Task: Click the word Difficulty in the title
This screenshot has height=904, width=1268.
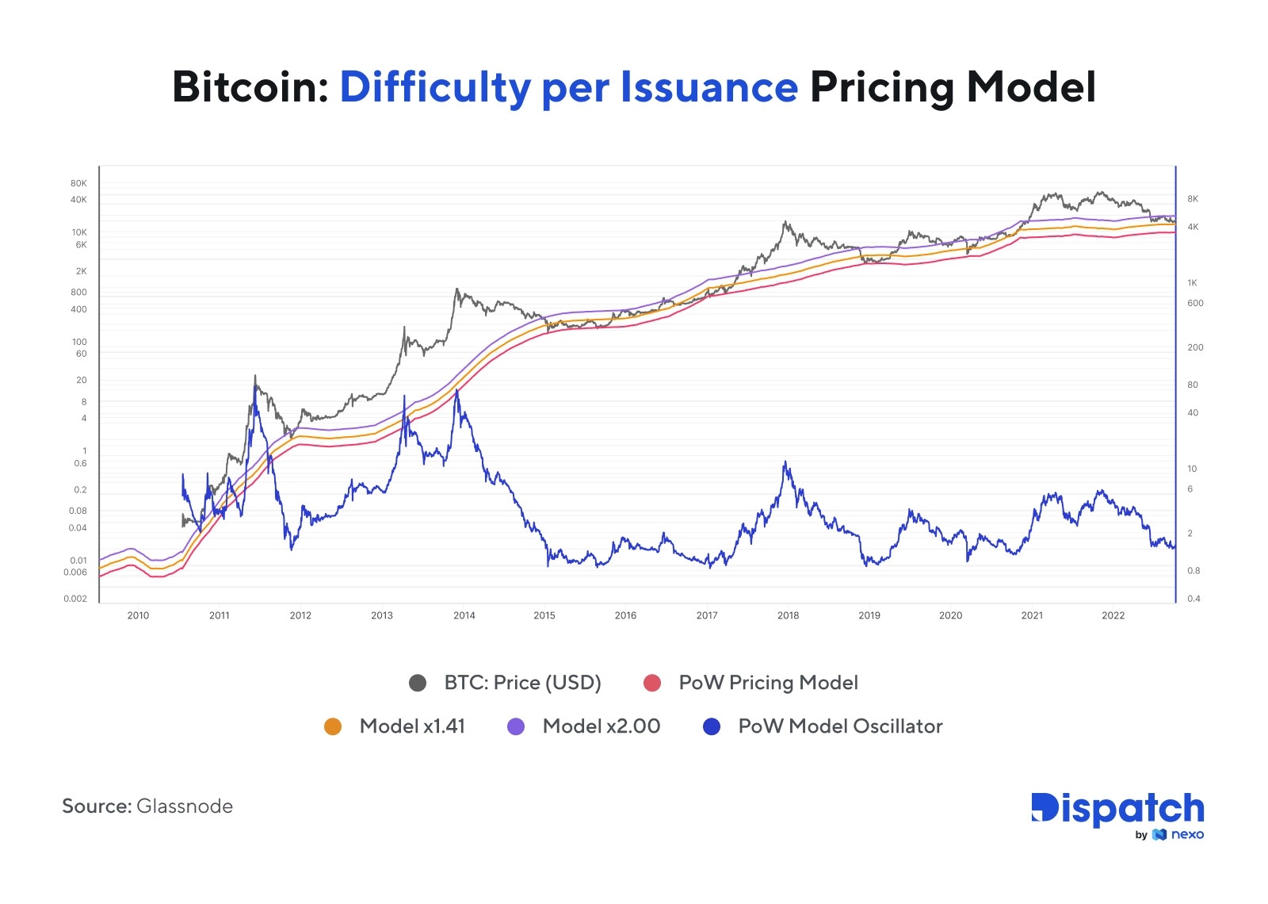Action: point(435,87)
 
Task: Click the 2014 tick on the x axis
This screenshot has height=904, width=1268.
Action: point(464,615)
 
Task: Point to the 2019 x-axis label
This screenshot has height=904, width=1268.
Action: point(869,615)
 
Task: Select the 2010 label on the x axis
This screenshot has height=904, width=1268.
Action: point(138,615)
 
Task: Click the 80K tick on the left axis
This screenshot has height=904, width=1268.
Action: point(78,183)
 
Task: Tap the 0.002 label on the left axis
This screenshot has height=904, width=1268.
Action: point(75,599)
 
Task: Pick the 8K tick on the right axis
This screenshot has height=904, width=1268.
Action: point(1193,199)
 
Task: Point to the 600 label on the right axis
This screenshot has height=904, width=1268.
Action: point(1195,303)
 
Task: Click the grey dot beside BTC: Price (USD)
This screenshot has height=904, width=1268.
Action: point(418,683)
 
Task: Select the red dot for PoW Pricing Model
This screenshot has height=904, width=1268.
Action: point(652,683)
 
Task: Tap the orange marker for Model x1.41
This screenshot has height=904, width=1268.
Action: point(333,726)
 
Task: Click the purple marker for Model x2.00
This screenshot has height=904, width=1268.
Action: point(516,726)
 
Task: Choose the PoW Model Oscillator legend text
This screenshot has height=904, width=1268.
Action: point(840,726)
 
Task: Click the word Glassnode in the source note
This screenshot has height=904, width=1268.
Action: point(185,806)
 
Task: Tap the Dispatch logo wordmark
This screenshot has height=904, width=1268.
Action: point(1117,809)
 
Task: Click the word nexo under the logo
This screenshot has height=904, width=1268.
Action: point(1187,834)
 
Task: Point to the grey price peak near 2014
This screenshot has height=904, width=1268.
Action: point(457,289)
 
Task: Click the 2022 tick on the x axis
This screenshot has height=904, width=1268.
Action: point(1113,615)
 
